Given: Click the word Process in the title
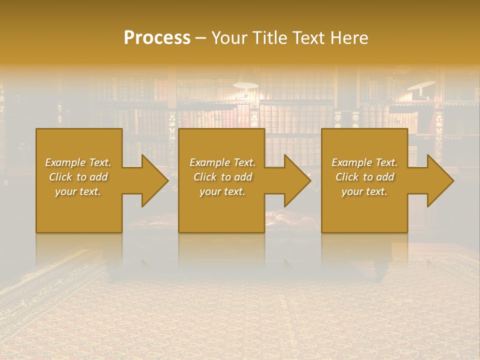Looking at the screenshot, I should [x=157, y=38].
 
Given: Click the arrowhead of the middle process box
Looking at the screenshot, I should [x=295, y=180].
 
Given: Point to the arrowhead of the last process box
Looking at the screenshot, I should [x=438, y=180].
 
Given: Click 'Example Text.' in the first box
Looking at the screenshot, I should [x=78, y=162].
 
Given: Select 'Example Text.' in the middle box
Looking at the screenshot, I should [x=222, y=162].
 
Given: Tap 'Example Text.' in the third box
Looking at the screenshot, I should [x=364, y=162].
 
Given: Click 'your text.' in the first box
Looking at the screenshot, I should [x=78, y=191].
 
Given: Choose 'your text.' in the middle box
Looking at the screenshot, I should [x=222, y=191].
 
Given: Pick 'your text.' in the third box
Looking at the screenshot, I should [x=364, y=191].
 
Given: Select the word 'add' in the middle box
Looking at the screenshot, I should [x=243, y=177].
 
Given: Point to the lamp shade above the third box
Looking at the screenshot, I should [x=421, y=85].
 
